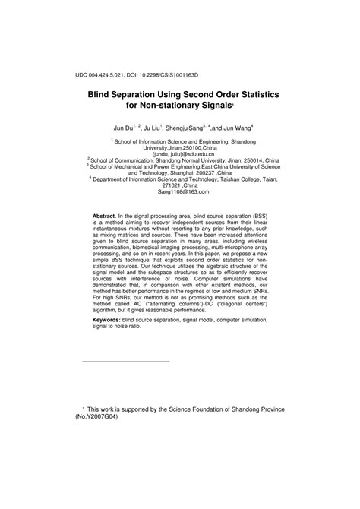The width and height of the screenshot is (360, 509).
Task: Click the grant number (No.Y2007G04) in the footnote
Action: pos(96,417)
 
